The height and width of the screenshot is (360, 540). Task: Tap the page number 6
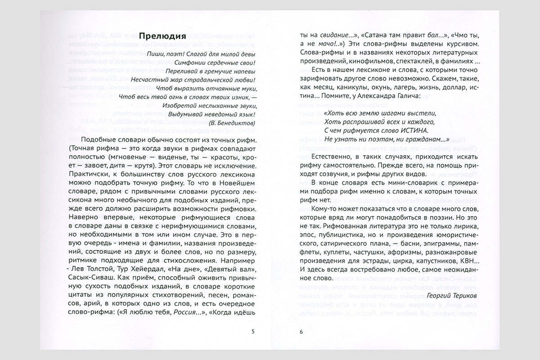[301, 332]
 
